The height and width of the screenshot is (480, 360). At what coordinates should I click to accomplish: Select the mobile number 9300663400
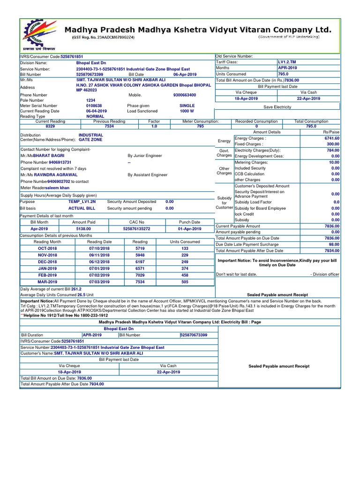coord(185,95)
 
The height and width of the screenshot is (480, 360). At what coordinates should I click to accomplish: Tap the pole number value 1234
coord(91,100)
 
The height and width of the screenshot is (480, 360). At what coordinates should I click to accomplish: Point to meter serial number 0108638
coord(93,106)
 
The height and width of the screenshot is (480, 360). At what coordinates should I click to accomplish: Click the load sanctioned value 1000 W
coord(187,111)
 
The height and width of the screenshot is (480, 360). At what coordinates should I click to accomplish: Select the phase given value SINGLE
coord(187,106)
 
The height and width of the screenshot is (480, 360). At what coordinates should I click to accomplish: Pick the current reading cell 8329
coord(50,127)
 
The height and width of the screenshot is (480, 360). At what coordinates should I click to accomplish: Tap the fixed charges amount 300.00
coord(332,144)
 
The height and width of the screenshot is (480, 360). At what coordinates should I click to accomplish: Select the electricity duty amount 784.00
coord(332,150)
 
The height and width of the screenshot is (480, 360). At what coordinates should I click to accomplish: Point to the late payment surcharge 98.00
coord(334,245)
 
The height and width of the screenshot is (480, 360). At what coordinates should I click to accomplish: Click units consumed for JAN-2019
coord(185,269)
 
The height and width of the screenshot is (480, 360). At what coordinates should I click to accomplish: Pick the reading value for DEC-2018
coord(140,262)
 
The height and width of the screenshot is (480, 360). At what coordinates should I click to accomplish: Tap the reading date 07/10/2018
coord(99,248)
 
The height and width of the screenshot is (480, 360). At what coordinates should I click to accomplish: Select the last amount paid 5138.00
coord(83,229)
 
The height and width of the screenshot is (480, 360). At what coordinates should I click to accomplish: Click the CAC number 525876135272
coord(136,229)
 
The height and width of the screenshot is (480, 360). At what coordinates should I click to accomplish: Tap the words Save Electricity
coord(277,107)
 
